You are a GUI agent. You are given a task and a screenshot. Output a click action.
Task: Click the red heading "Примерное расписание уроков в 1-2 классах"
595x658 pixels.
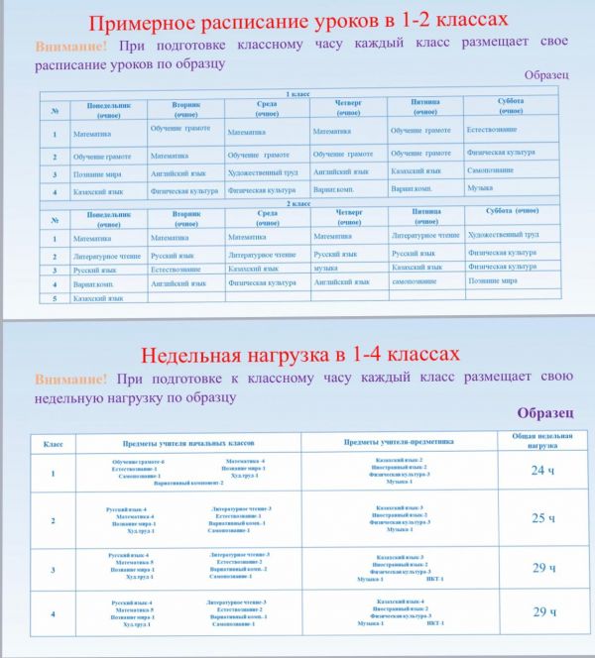pos(297,21)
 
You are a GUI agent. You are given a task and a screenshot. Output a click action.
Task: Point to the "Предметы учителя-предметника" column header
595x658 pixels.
pos(398,442)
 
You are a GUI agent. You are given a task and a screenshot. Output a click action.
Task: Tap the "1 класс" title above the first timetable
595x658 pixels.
pos(298,94)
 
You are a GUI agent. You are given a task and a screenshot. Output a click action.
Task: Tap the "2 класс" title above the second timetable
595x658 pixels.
pos(298,203)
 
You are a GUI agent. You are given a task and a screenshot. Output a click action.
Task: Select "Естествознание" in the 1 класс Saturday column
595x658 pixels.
pos(495,129)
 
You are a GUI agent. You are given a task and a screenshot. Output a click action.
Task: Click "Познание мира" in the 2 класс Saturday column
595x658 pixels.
pos(493,280)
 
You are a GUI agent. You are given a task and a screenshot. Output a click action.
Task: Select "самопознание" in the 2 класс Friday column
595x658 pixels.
pos(415,281)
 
